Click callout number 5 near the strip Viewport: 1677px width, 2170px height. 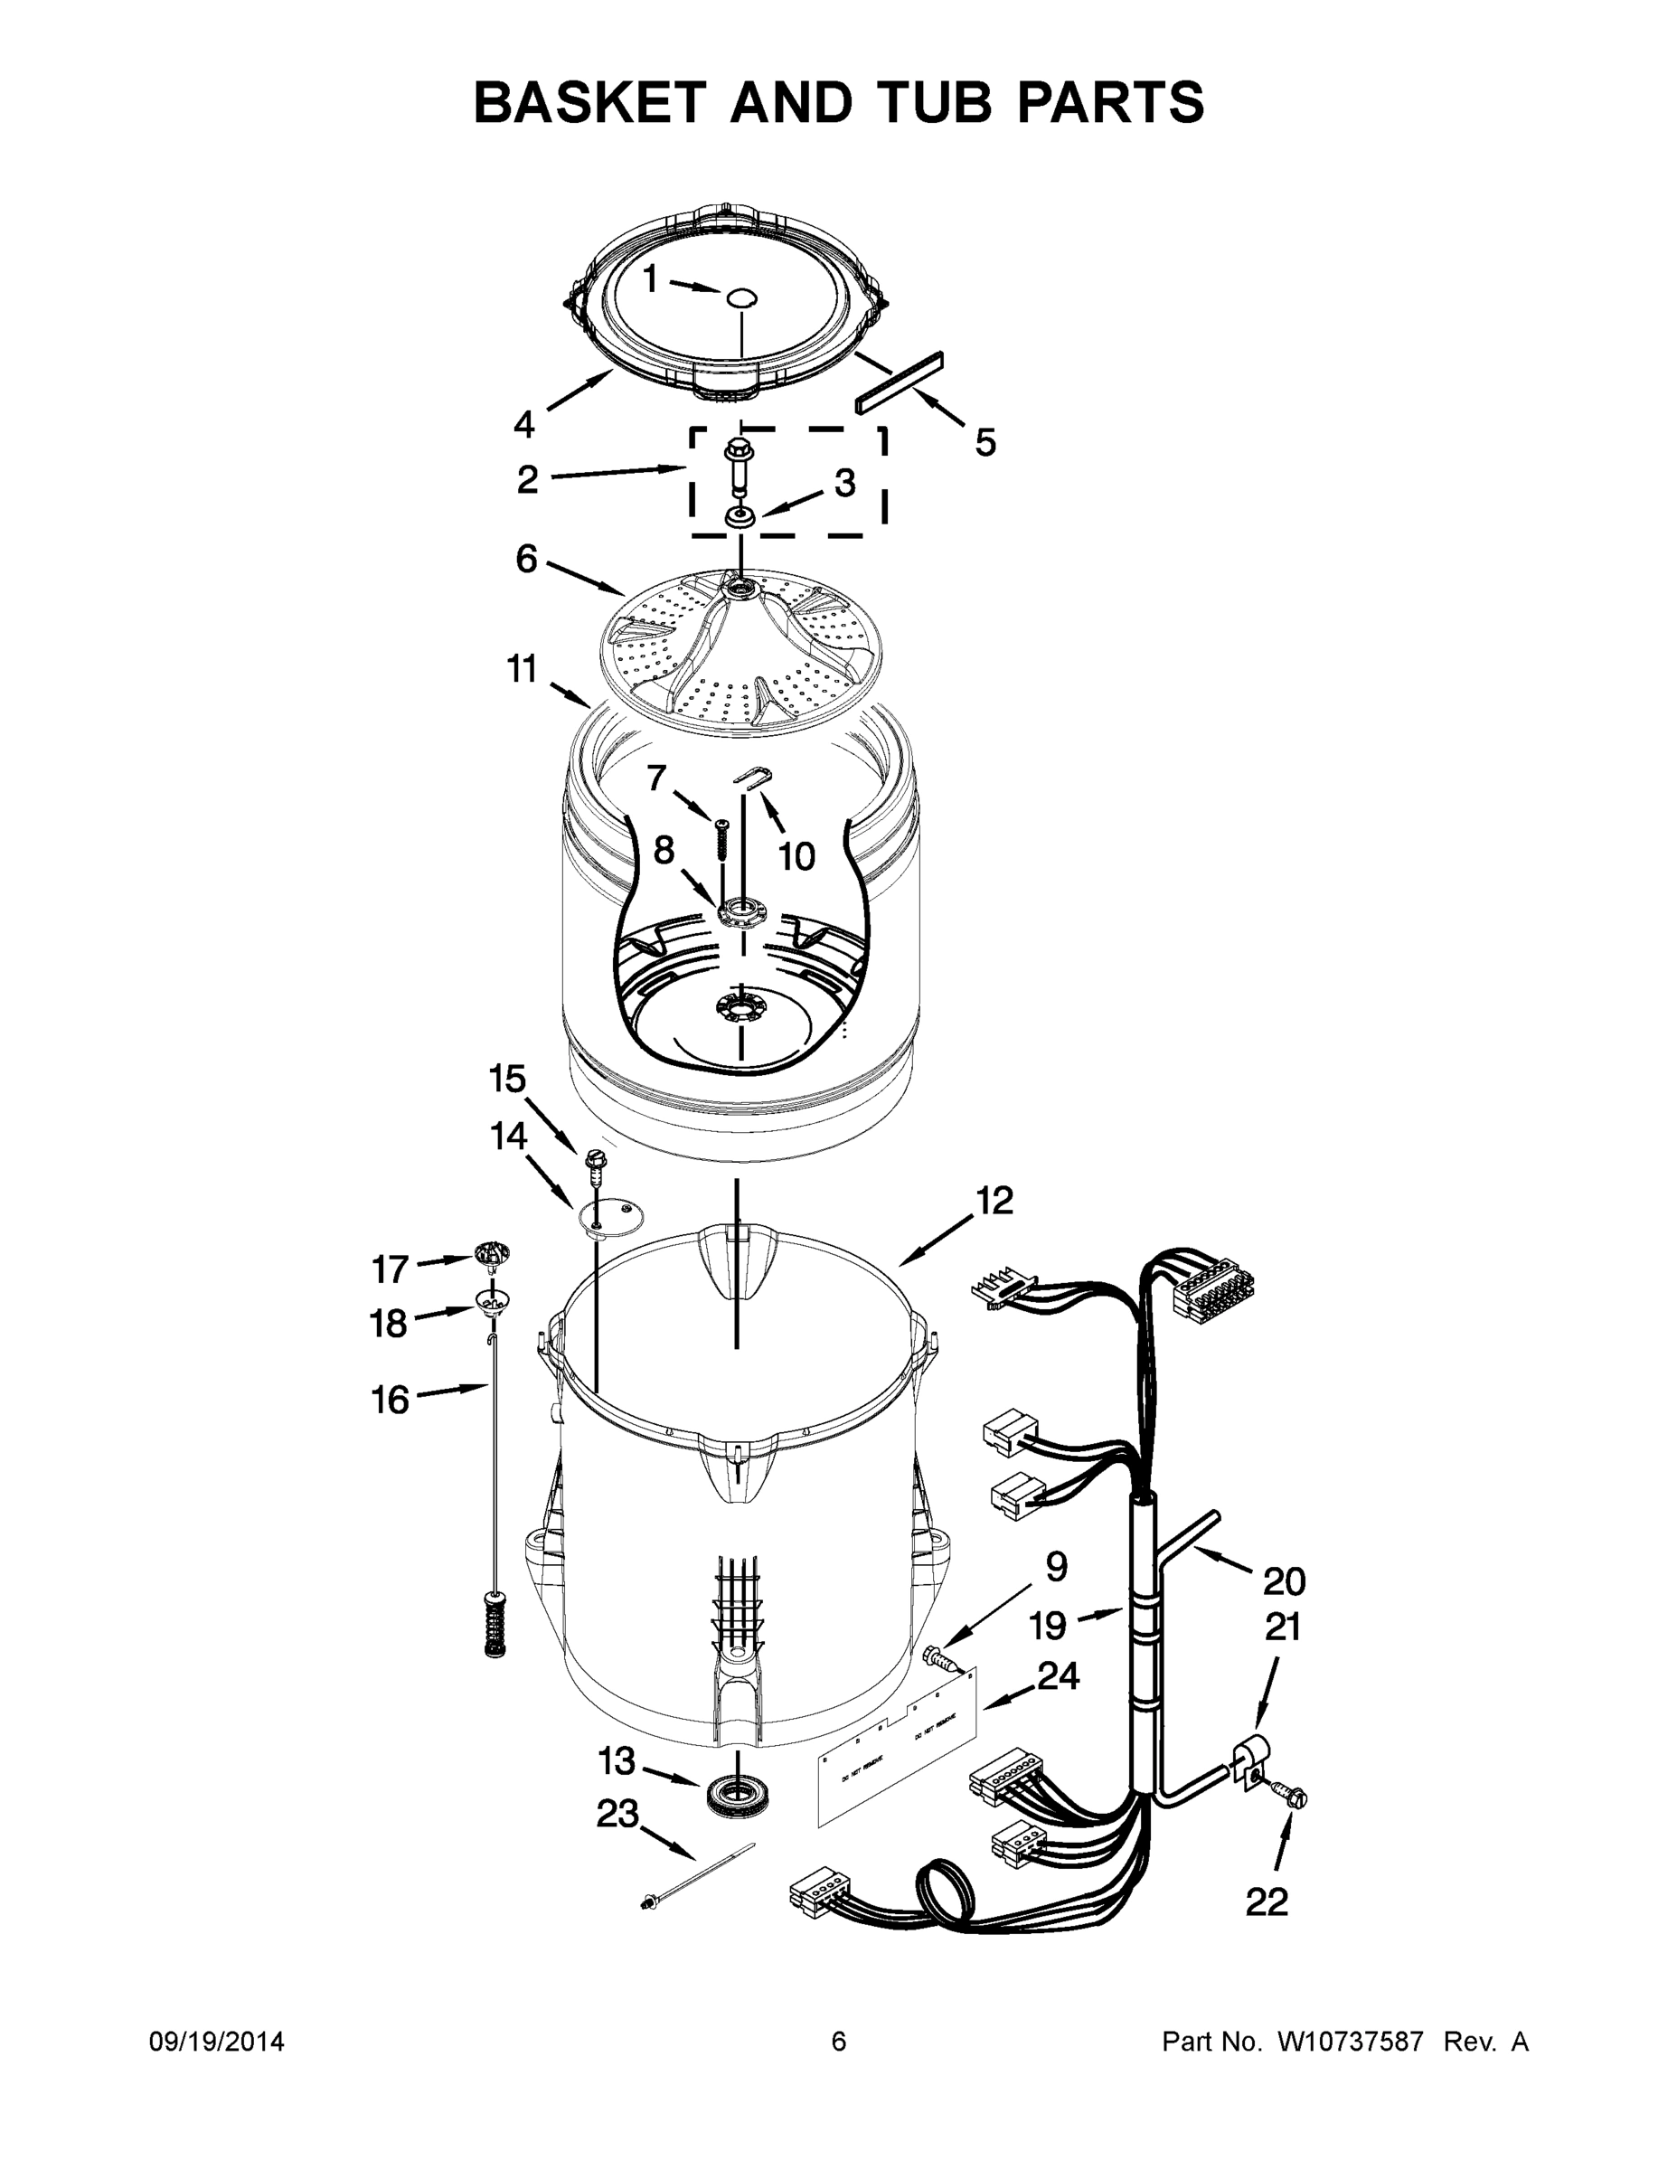click(985, 442)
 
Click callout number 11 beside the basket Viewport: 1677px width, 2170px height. click(523, 670)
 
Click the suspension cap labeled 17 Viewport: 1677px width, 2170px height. click(492, 1255)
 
